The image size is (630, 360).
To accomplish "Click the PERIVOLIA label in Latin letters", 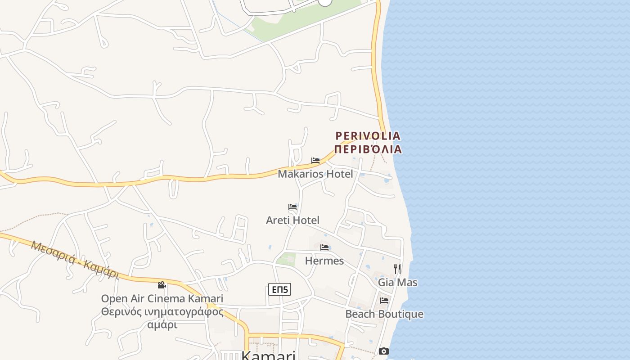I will point(368,135).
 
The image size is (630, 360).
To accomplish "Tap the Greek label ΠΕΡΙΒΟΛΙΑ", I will point(368,149).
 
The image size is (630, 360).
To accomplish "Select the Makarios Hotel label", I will point(315,174).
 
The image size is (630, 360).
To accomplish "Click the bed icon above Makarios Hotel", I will point(315,161).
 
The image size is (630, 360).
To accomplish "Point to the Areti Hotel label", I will point(292,220).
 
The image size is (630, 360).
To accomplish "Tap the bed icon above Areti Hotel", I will point(292,207).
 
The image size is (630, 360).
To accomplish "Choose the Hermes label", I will point(324,261).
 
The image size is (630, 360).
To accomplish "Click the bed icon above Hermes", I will point(324,247).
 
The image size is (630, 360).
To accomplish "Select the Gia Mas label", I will point(397,283).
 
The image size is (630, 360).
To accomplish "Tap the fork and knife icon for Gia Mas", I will point(397,269).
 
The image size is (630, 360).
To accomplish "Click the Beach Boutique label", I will point(384,314).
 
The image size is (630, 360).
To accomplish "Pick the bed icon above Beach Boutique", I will point(384,301).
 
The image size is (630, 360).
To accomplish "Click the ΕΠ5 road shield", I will point(279,289).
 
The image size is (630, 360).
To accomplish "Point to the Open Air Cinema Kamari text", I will point(162,298).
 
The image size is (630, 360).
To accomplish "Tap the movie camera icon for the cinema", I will point(162,285).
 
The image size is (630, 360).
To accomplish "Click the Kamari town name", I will point(268,355).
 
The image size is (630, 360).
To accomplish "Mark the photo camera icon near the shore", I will point(384,351).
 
